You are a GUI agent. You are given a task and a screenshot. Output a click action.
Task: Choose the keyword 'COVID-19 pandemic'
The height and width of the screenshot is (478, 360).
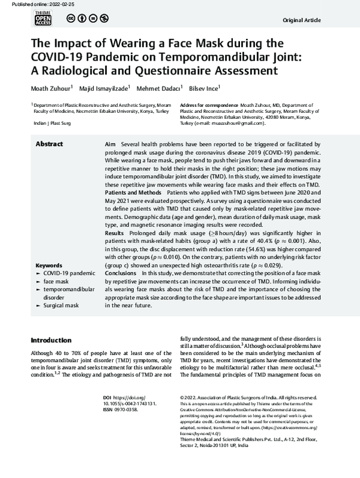tap(67, 273)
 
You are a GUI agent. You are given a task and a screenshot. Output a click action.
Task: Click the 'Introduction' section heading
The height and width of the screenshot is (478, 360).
tap(55, 340)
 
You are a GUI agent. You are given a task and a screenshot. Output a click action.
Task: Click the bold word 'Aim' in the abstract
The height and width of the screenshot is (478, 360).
tap(110, 145)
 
